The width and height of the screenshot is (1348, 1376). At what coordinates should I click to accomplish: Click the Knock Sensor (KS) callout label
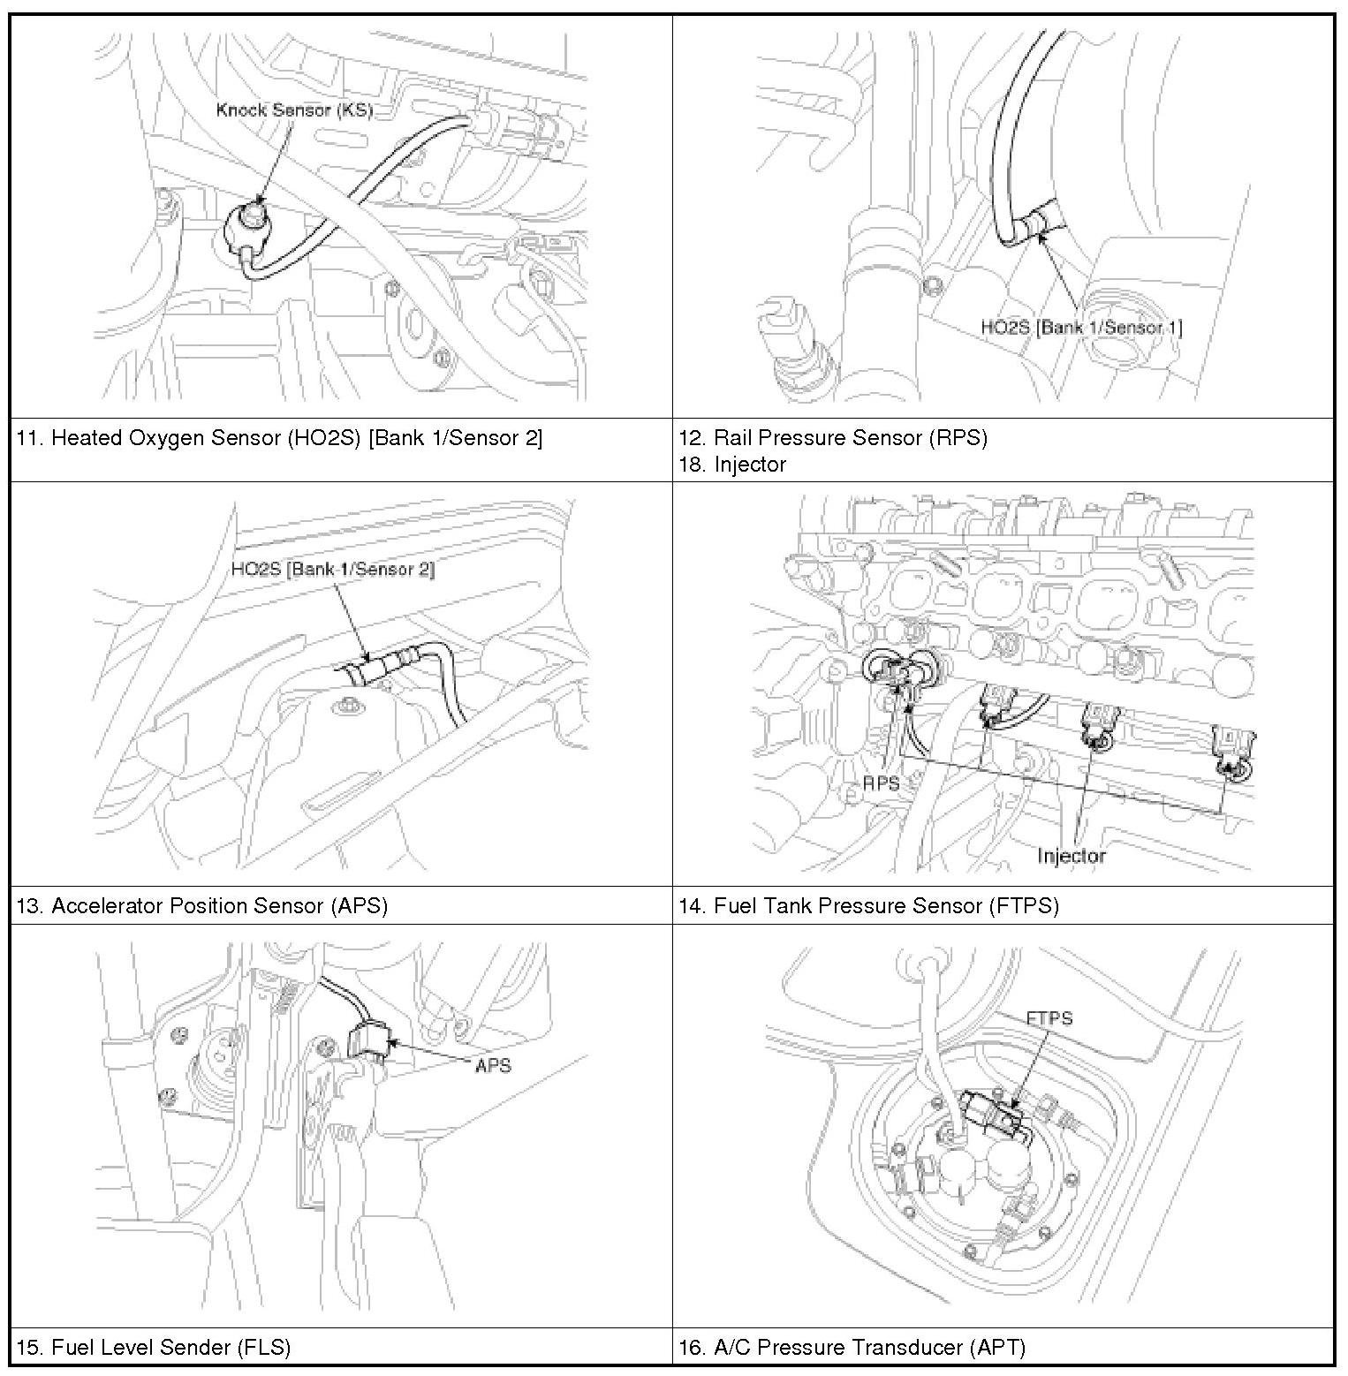tap(294, 110)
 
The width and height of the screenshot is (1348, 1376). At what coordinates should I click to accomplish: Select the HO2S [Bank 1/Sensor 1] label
tap(1081, 328)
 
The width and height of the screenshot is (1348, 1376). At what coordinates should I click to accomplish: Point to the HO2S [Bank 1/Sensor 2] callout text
tap(332, 570)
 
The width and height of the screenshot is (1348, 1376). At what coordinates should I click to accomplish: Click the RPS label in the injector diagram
tap(881, 783)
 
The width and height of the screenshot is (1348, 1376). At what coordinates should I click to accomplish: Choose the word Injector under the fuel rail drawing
tap(1071, 856)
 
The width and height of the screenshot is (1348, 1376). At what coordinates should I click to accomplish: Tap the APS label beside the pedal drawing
tap(493, 1066)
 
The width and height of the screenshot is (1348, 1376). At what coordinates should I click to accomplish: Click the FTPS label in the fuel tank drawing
tap(1049, 1018)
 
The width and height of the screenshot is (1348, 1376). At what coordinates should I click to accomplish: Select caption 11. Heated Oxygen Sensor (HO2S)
tap(279, 438)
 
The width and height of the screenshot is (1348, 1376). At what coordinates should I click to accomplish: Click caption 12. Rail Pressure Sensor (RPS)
tap(832, 438)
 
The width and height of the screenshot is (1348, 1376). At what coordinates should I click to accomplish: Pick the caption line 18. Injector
tap(731, 465)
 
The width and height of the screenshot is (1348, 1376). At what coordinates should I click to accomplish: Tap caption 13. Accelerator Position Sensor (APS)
tap(201, 906)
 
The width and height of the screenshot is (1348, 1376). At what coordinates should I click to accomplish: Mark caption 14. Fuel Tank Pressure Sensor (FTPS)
tap(867, 906)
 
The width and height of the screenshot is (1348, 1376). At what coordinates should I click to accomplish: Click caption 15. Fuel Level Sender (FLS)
tap(153, 1348)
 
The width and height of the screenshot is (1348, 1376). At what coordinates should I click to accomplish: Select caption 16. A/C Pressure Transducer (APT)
tap(852, 1348)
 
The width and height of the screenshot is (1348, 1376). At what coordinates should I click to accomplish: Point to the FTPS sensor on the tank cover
tap(996, 1115)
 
